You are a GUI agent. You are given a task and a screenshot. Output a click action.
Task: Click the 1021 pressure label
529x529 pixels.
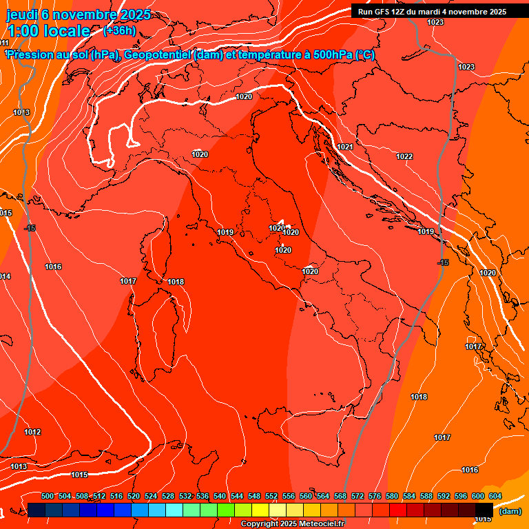(x=345, y=147)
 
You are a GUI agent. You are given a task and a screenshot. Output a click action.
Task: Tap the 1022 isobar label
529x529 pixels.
(x=404, y=156)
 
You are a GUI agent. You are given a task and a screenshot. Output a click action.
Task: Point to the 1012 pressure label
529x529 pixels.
(x=32, y=432)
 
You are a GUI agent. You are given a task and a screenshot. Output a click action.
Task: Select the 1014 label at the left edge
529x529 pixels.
(x=5, y=276)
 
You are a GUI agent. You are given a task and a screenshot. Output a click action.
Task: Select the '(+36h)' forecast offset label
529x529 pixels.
(x=119, y=31)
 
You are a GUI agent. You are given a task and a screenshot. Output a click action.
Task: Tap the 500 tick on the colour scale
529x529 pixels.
(x=48, y=496)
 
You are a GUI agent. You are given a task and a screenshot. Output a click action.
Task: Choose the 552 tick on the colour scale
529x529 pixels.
(x=271, y=496)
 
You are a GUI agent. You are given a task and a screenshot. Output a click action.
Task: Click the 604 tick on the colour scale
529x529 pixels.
(x=495, y=496)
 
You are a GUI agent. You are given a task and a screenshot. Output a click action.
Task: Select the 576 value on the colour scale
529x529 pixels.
(x=375, y=496)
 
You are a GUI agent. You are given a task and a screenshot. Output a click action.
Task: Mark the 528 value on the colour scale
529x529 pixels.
(x=168, y=496)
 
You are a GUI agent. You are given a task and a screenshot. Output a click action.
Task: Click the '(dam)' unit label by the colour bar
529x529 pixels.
(x=510, y=511)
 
